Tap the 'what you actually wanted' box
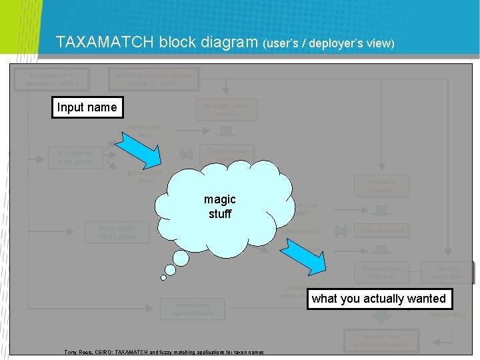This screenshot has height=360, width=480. (378, 299)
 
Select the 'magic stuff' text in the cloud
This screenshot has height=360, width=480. (220, 207)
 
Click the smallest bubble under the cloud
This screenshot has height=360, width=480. (163, 278)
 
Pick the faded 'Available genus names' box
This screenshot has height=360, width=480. (226, 109)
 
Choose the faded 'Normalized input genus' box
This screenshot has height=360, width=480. (75, 157)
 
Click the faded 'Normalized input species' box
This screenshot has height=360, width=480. (117, 232)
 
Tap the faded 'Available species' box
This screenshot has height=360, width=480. (381, 185)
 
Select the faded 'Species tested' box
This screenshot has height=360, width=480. (381, 231)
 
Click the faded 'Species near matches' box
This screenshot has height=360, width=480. (381, 272)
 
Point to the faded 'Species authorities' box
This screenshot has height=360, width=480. (447, 272)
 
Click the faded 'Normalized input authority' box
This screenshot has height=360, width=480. (193, 309)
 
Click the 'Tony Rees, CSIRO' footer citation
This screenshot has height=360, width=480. (163, 352)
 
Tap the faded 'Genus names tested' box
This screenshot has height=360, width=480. (226, 155)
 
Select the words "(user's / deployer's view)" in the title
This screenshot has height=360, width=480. (329, 44)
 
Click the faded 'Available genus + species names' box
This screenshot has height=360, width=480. (153, 79)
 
